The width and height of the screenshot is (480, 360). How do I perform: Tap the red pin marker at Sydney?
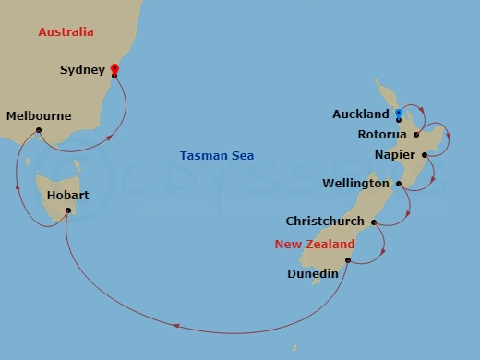pos(114,68)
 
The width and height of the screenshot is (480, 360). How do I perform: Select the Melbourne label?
pos(38,116)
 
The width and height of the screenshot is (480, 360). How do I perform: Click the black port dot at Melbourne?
pos(39,130)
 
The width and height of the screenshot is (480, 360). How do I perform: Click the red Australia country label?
pos(66,32)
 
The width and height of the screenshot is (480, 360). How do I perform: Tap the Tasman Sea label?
pos(217,156)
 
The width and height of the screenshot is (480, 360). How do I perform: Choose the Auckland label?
pos(361,115)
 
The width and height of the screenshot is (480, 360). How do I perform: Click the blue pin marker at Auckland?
pos(398,114)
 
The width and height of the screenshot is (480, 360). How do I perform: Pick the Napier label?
pos(395,154)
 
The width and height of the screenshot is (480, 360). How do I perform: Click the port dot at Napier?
pos(425,155)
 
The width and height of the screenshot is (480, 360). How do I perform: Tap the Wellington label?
pos(355,184)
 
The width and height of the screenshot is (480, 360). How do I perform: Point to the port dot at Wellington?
pos(399,184)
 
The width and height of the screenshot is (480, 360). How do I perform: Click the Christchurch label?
pos(325,222)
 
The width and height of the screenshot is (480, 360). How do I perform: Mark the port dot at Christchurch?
pos(373,222)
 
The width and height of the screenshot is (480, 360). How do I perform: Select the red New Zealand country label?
pos(314,245)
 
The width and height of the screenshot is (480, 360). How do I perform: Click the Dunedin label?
pos(312,273)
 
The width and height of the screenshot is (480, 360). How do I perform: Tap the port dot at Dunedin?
pos(347,260)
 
